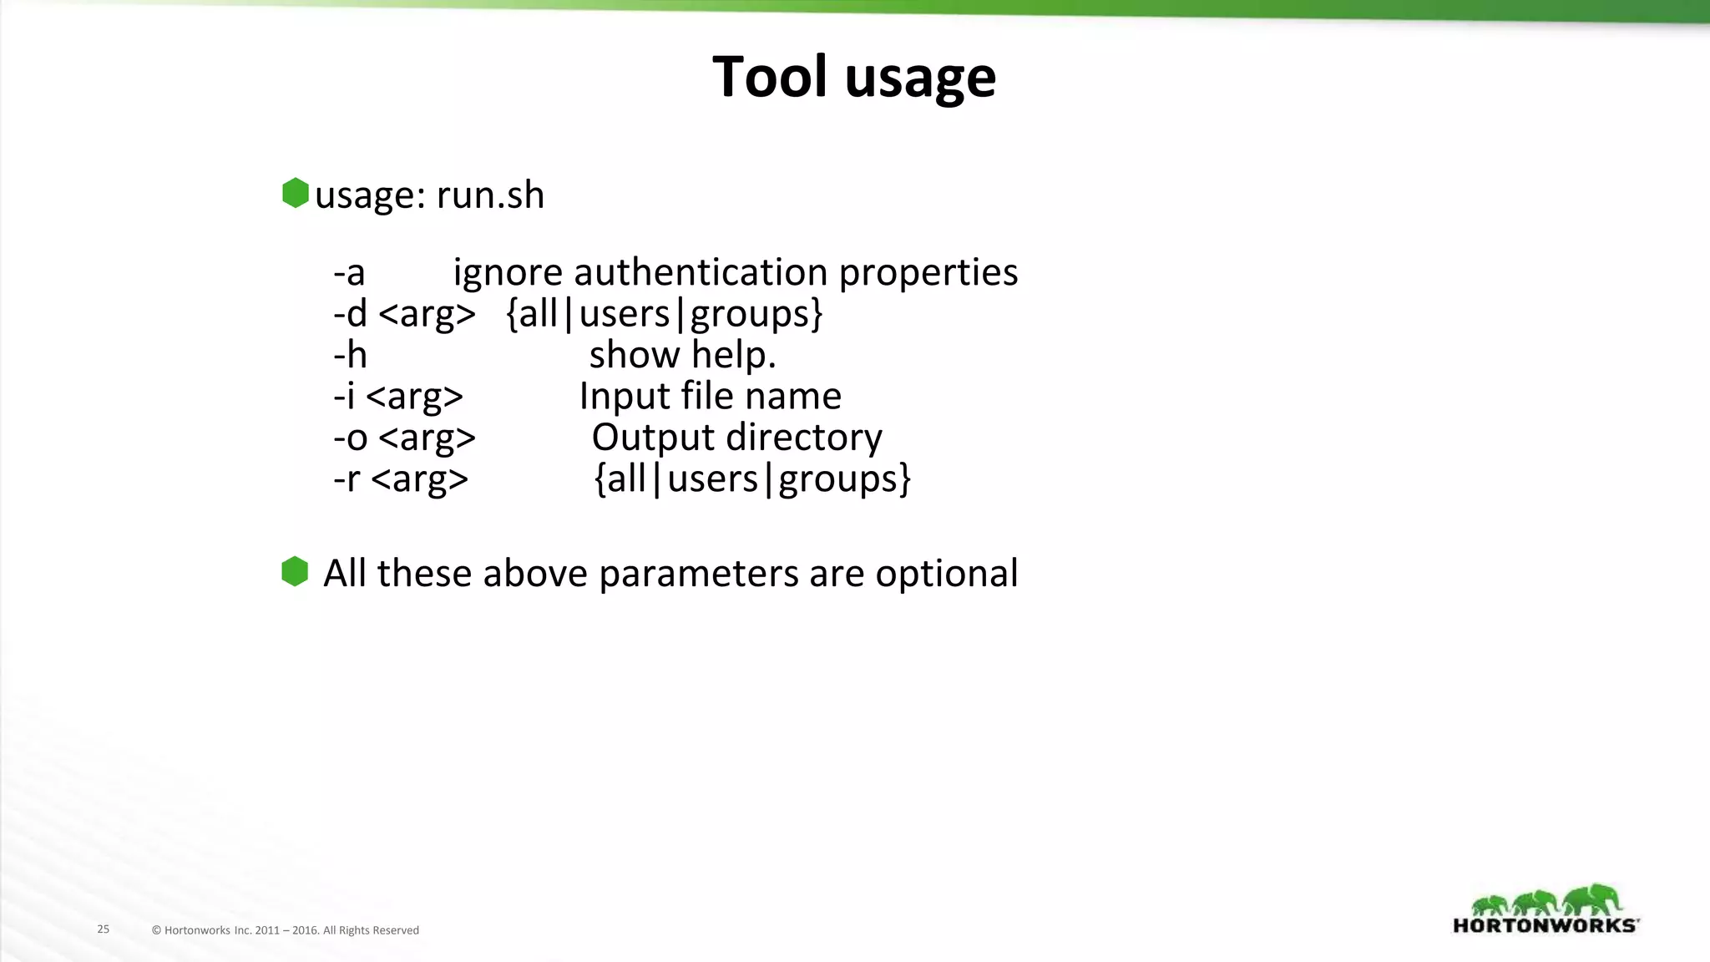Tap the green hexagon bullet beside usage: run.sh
296,193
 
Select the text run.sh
490,195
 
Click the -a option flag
349,273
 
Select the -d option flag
350,314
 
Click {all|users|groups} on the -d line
665,314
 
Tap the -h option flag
350,355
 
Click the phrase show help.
682,355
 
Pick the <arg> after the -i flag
414,397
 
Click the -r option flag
347,479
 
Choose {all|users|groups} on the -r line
751,479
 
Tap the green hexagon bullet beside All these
295,572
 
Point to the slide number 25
104,929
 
